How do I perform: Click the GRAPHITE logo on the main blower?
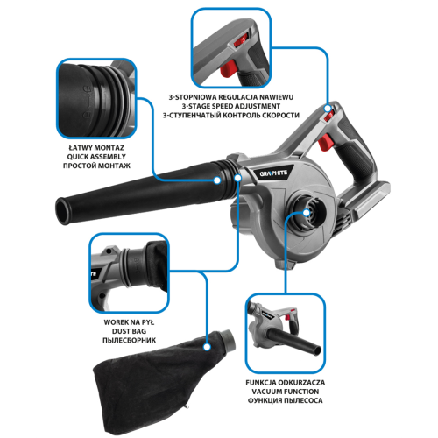click(x=273, y=173)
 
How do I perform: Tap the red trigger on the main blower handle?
click(x=324, y=142)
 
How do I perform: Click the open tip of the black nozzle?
click(x=63, y=211)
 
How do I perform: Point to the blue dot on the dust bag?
click(x=207, y=347)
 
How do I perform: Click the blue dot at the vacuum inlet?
click(x=307, y=213)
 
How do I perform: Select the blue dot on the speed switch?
click(x=328, y=109)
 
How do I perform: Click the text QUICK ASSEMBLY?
click(x=96, y=157)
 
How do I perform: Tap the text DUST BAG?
click(x=129, y=331)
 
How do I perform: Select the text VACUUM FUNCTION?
click(x=286, y=392)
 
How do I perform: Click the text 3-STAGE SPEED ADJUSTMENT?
click(x=231, y=106)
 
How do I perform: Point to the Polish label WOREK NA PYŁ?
click(x=129, y=322)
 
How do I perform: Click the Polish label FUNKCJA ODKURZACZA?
click(x=286, y=383)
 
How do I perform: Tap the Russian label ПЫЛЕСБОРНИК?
click(x=129, y=341)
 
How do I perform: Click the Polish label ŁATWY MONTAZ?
click(x=96, y=148)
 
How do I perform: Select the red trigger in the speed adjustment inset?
click(x=229, y=68)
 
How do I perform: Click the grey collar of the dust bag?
click(x=229, y=340)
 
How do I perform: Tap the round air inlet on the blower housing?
click(x=307, y=213)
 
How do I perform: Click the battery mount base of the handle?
click(x=365, y=201)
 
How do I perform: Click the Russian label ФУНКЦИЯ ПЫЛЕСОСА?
click(x=286, y=400)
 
